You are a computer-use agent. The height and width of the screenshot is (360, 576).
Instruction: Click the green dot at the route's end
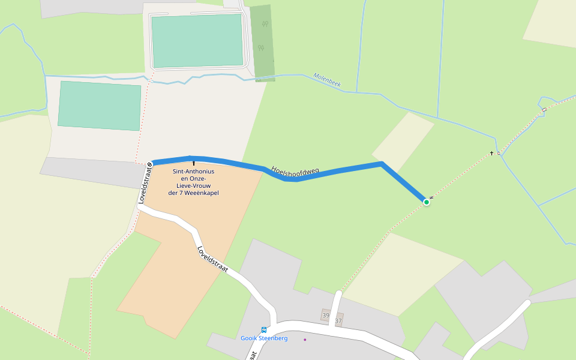coord(427,202)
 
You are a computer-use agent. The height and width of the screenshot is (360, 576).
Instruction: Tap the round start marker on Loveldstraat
coord(149,164)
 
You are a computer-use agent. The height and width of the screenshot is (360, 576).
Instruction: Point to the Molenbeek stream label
coord(327,80)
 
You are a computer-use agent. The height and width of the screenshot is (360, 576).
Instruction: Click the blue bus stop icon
coord(264,330)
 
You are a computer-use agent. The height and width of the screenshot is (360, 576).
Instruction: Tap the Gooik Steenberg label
coord(264,338)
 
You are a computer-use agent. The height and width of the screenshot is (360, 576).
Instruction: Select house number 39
coord(326,316)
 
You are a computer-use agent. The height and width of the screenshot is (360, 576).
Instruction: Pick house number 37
coord(338,321)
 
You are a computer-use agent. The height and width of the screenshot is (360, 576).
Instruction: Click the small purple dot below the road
coord(305,340)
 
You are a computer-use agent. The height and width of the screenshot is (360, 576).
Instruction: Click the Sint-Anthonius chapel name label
coord(193,182)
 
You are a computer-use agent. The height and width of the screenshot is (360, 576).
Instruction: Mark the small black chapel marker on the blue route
coord(193,163)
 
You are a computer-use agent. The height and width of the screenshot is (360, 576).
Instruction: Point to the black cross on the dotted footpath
coord(492,154)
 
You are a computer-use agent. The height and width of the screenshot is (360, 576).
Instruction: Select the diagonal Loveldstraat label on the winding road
coord(212,260)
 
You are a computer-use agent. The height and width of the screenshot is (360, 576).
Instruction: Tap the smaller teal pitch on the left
coord(100,105)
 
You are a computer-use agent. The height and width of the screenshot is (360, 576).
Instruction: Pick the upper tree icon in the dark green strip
coord(265,25)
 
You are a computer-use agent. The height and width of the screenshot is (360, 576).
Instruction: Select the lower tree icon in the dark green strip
coord(260,47)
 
